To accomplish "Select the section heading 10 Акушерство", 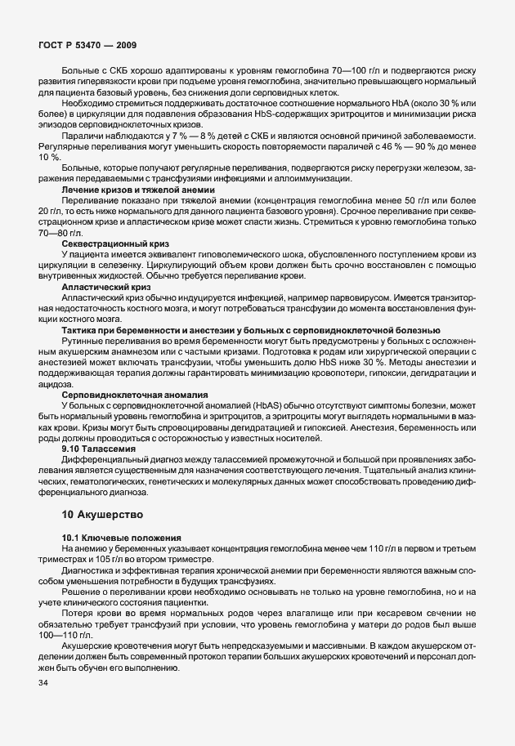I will tap(101, 515).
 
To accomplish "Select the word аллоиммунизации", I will tap(316, 178).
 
